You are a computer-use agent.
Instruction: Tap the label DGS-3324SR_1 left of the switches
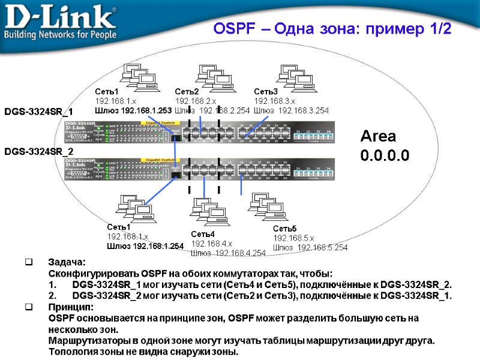(39, 112)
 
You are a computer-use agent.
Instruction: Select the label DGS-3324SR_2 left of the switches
(39, 151)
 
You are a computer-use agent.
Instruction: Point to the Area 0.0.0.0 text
(385, 146)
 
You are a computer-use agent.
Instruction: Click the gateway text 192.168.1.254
(158, 246)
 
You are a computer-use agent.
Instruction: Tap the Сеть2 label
(187, 92)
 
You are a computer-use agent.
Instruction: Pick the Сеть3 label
(266, 92)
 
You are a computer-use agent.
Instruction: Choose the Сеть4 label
(203, 234)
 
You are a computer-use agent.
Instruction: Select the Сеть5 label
(285, 229)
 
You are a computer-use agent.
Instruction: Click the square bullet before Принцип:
(28, 307)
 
